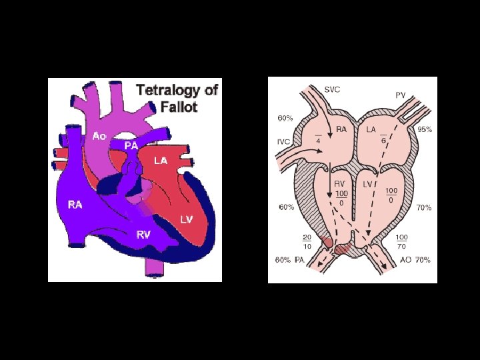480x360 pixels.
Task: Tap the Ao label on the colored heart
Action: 100,136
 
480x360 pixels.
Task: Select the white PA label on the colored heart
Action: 131,145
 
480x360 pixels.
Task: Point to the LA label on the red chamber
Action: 160,161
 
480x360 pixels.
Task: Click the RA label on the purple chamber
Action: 75,205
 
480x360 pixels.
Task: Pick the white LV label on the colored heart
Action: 187,219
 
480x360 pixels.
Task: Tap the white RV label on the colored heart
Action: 143,234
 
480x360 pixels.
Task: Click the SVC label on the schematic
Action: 332,90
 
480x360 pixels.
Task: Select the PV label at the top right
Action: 400,95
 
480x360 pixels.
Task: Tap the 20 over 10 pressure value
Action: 307,241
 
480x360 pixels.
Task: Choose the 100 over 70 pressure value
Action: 402,241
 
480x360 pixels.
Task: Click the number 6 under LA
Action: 385,141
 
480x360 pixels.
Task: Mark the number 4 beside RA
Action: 319,141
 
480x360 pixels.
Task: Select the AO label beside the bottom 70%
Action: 404,259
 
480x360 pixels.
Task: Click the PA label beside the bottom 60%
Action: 301,259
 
